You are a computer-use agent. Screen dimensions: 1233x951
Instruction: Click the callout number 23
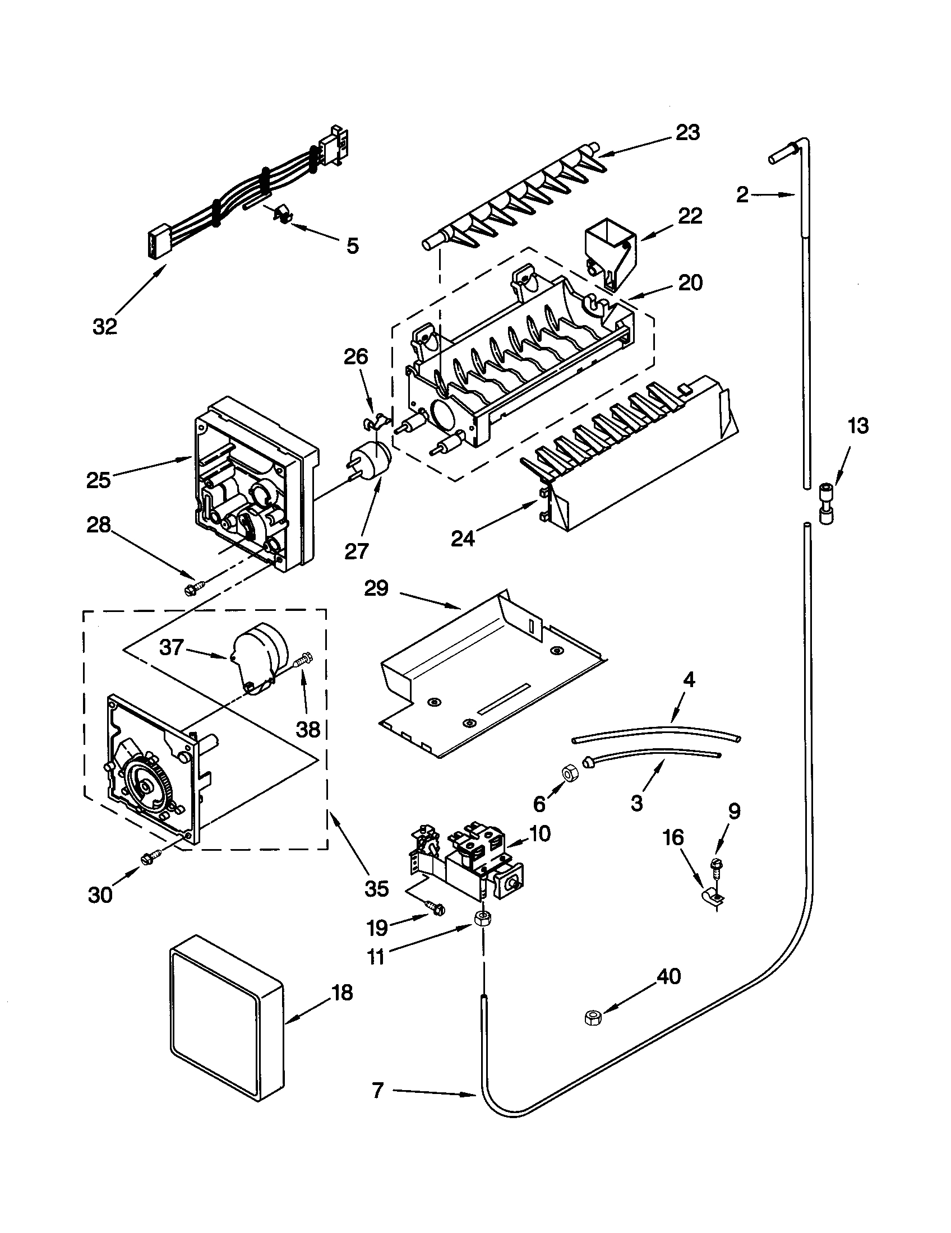[688, 133]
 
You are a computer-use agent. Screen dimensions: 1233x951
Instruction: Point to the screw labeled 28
[190, 590]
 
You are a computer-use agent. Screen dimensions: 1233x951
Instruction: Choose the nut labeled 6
[566, 774]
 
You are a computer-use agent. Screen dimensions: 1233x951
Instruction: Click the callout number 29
[377, 589]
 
